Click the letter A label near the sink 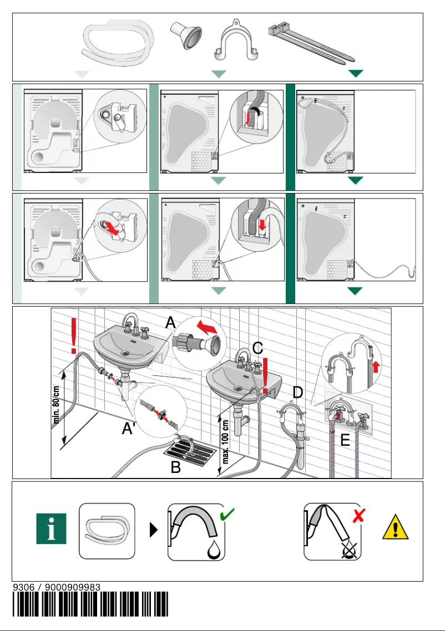[170, 323]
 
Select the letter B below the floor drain [175, 467]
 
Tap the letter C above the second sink [257, 348]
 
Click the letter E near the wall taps [345, 440]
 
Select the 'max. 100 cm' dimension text [226, 441]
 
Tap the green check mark [227, 515]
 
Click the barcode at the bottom [90, 604]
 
